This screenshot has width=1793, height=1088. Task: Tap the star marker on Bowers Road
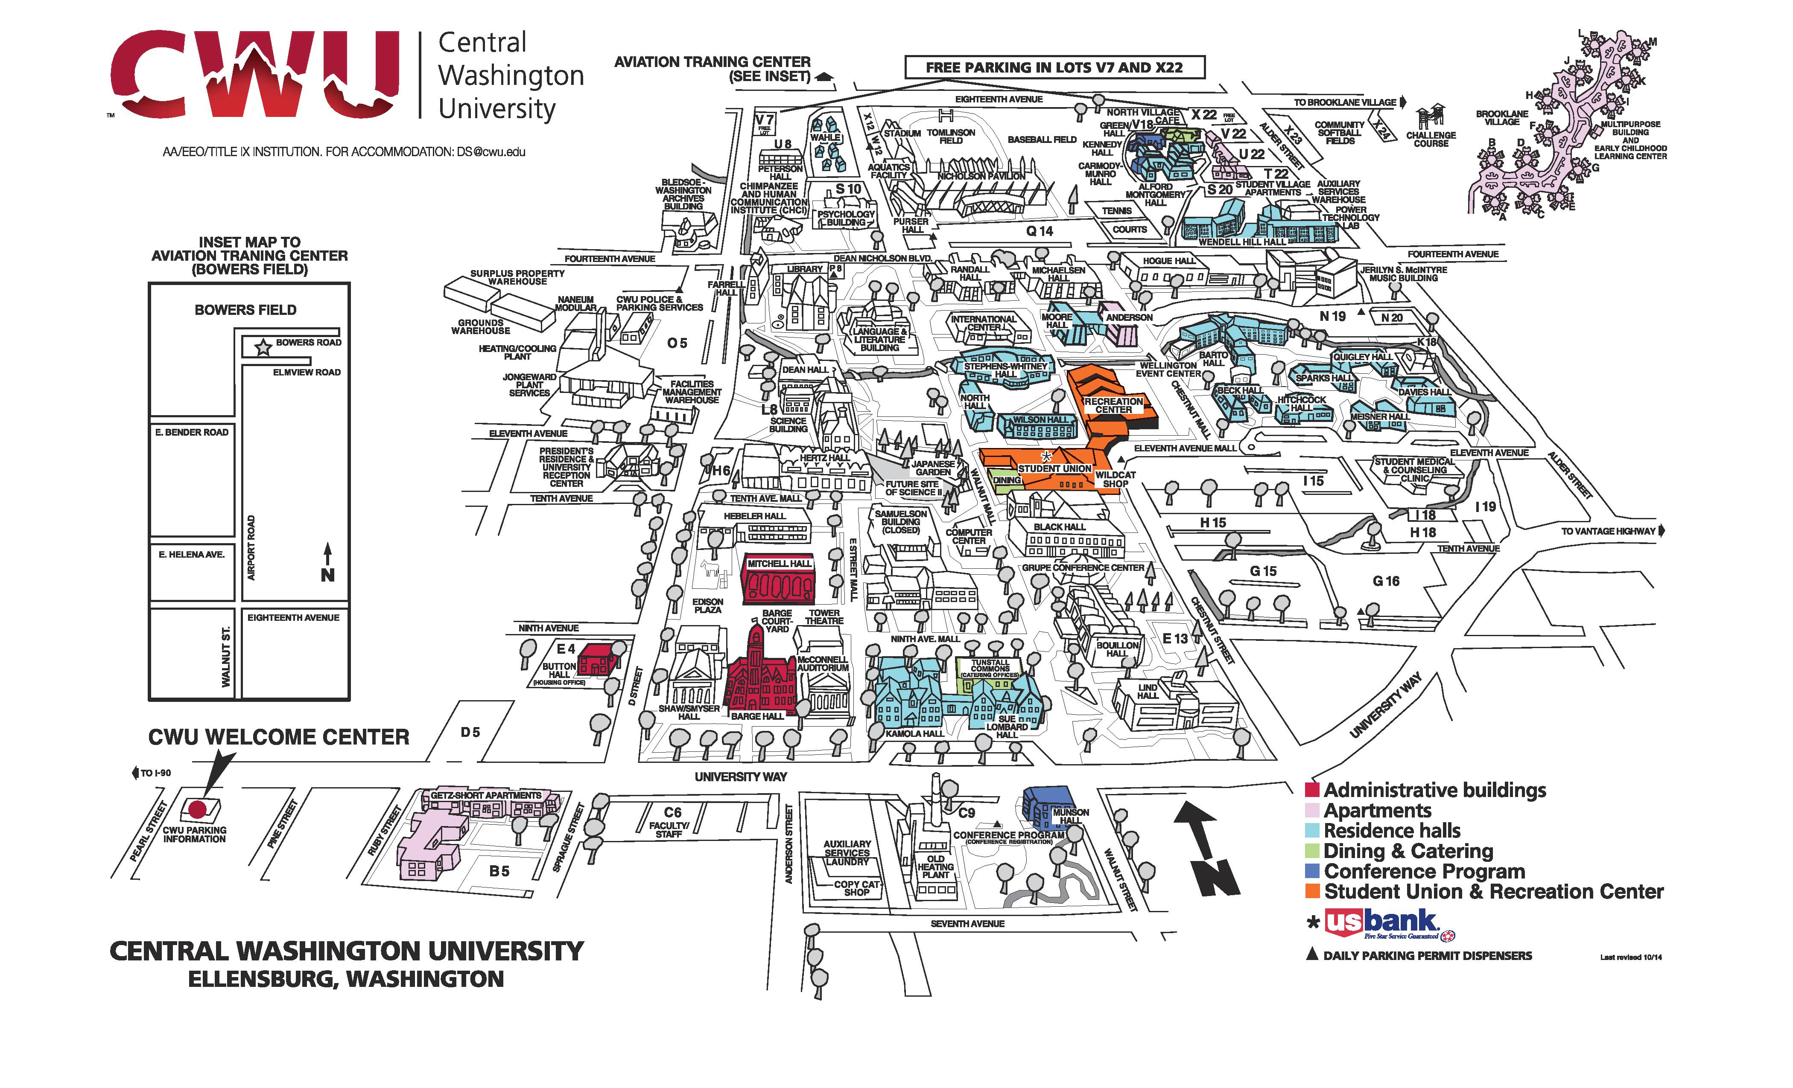coord(263,348)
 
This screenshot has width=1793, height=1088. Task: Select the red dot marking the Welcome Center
coord(197,808)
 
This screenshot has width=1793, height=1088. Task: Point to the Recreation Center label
coord(1113,405)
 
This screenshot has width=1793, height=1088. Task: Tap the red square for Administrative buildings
coord(1312,790)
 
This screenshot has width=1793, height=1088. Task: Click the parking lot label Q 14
coord(1040,231)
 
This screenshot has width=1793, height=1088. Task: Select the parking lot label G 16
coord(1385,581)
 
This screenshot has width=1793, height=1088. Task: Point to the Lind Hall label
coord(1148,691)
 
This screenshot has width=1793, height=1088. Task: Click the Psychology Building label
coord(846,218)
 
